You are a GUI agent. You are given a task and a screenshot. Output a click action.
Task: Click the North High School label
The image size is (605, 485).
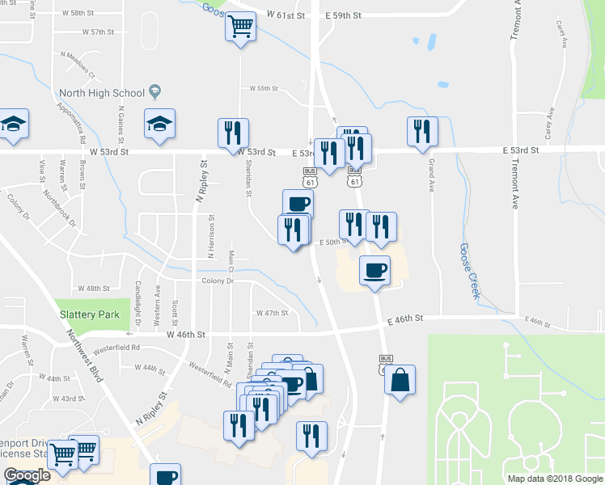tap(101, 93)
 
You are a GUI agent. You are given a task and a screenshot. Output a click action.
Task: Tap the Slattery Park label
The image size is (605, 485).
tap(89, 314)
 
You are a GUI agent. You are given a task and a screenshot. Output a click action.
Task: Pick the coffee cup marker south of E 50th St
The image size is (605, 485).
tap(374, 271)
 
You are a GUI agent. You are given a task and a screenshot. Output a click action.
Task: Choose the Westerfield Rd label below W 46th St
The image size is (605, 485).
tap(117, 348)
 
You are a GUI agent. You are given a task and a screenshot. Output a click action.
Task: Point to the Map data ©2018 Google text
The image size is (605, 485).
tap(554, 479)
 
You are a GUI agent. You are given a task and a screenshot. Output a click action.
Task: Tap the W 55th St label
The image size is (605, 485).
tap(264, 88)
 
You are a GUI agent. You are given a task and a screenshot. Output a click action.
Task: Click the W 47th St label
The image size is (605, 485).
tap(272, 313)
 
